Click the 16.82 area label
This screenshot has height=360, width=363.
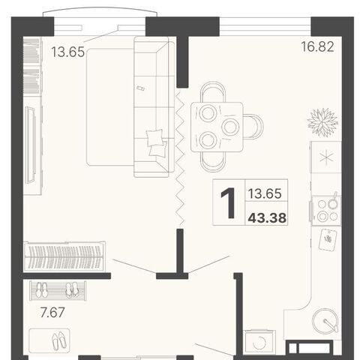point(317,46)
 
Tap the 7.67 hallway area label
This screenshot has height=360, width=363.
point(52,313)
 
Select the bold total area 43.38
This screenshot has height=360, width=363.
point(267,218)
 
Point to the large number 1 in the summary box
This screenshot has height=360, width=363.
point(228,203)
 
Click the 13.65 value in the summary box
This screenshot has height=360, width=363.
point(265,193)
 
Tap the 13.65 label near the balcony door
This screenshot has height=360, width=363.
point(68,52)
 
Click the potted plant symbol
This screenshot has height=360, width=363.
point(322,122)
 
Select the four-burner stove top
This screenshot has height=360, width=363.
point(326,211)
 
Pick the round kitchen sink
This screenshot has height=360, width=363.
point(325,321)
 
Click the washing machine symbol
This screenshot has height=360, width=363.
point(259,341)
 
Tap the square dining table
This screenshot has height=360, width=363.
point(217,127)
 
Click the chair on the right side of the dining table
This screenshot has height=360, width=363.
point(253,127)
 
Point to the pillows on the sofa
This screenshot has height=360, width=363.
point(157,143)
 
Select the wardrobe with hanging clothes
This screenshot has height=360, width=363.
point(64,256)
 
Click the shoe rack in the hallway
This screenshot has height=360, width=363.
point(58,291)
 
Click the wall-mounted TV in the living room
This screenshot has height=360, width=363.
point(31,144)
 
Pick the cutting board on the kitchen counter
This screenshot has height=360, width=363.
point(328,240)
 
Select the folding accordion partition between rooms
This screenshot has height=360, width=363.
point(180,158)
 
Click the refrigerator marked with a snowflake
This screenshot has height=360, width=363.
point(326,157)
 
